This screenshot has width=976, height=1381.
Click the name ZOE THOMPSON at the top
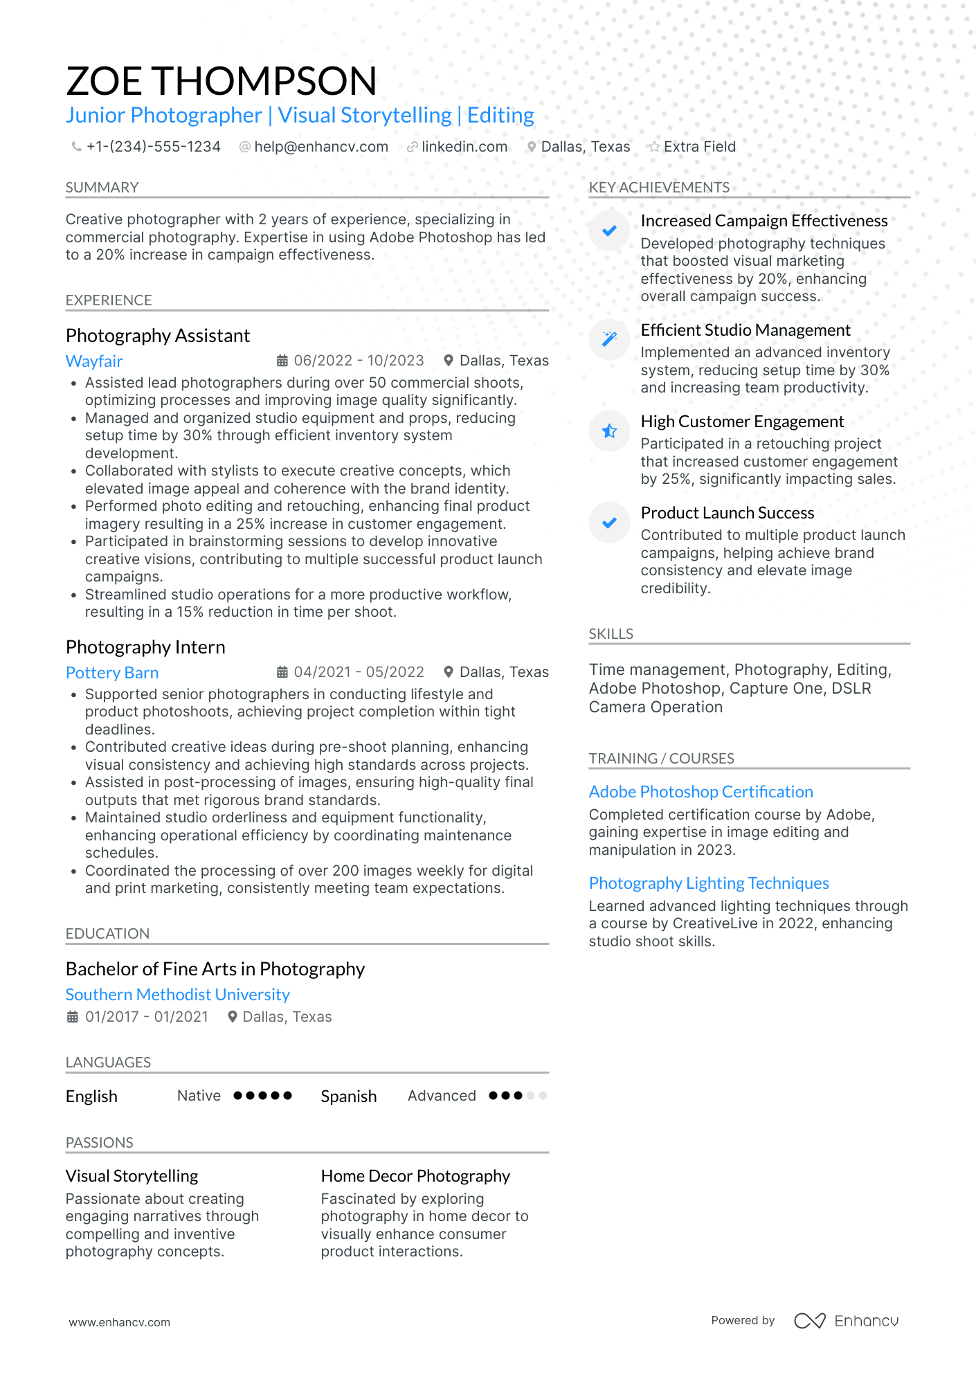(222, 81)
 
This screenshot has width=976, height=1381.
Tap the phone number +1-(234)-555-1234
(153, 147)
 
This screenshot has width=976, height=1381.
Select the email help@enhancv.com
(320, 147)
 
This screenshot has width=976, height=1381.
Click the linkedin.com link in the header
(464, 147)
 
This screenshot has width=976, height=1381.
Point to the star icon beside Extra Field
(653, 147)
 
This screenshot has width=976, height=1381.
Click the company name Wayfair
(94, 361)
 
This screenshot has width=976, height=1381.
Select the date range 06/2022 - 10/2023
(359, 361)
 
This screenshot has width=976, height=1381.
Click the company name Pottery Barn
(112, 672)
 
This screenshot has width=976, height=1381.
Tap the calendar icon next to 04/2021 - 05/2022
(282, 672)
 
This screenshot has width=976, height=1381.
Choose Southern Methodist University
(178, 994)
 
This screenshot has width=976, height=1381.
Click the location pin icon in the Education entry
(233, 1017)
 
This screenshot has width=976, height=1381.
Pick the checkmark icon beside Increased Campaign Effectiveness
(609, 231)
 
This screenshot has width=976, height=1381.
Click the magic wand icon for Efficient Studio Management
(609, 339)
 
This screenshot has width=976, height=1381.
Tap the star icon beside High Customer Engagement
(609, 431)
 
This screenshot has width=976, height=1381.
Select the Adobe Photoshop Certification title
(701, 792)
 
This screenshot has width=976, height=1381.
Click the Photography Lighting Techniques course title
(709, 883)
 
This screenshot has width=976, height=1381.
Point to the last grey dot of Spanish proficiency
(543, 1095)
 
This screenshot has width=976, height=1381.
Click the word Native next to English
(199, 1096)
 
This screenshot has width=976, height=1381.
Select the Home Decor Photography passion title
(415, 1176)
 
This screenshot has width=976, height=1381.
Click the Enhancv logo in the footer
(847, 1321)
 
